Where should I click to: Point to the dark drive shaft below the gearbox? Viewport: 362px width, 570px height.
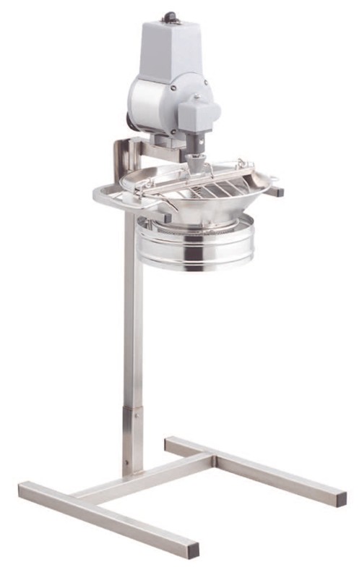click(x=197, y=142)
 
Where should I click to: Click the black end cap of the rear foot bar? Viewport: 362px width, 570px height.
click(x=340, y=499)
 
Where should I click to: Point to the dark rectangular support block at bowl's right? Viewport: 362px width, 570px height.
click(x=277, y=193)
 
